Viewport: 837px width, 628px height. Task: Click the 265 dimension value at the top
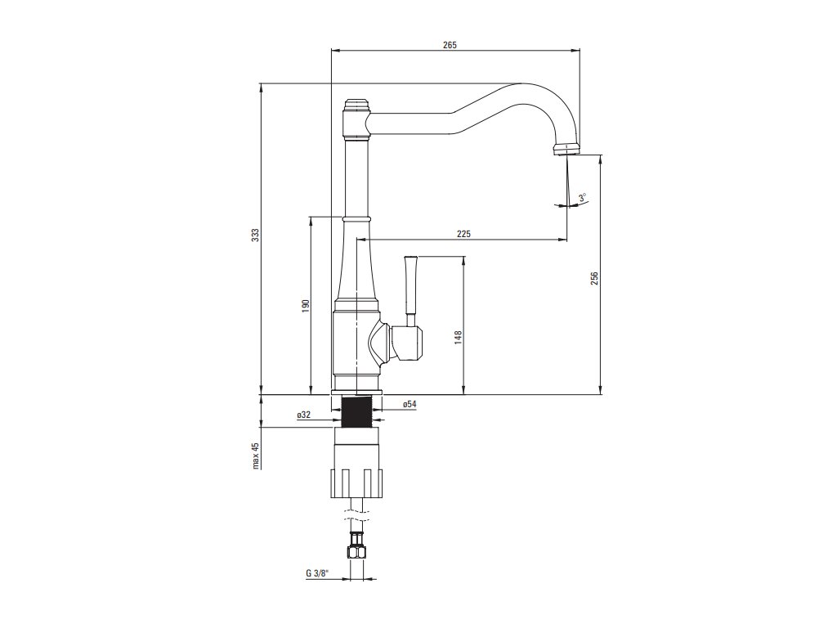coord(450,45)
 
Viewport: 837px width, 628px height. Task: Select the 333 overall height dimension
coord(255,235)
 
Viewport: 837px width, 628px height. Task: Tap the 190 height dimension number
coord(306,305)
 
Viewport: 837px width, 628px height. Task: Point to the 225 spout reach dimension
coord(463,234)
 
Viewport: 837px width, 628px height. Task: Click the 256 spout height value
coord(595,278)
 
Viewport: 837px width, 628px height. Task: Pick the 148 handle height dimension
coord(459,337)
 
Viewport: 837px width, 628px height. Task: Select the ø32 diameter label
coord(303,415)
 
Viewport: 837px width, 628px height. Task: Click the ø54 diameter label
coord(410,404)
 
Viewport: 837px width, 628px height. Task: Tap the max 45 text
coord(255,456)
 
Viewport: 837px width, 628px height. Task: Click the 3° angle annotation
coord(582,197)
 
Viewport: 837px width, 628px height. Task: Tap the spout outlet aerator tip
coord(566,150)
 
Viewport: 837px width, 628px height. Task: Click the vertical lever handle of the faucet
coord(410,286)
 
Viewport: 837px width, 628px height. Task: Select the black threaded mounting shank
coord(356,411)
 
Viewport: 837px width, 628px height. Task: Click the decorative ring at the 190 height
coord(356,218)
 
